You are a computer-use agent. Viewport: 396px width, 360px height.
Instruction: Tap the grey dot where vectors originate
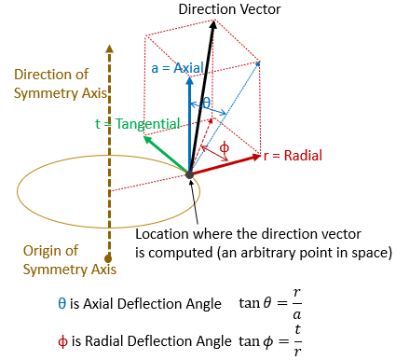point(190,173)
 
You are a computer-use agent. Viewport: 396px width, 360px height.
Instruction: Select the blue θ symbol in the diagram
point(207,103)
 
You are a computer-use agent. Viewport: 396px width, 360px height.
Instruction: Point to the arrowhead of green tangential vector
point(147,140)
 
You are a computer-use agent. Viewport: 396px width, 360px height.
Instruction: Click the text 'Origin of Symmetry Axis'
point(52,259)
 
